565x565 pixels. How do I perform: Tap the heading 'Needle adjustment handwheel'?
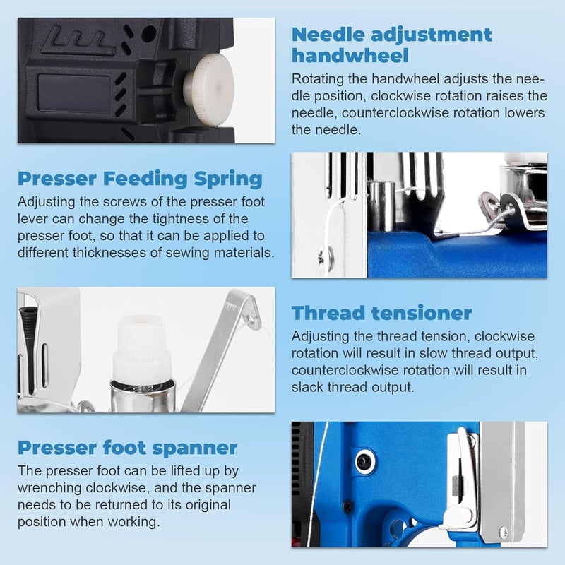(392, 45)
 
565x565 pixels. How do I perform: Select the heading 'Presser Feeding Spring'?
(140, 179)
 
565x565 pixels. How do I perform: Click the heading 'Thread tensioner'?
(381, 313)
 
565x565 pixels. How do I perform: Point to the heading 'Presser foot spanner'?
(128, 448)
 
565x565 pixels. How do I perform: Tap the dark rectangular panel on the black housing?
(74, 93)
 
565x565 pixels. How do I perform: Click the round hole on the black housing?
(148, 34)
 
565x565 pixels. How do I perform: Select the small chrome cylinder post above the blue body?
(381, 206)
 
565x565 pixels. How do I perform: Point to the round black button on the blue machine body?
(365, 461)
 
